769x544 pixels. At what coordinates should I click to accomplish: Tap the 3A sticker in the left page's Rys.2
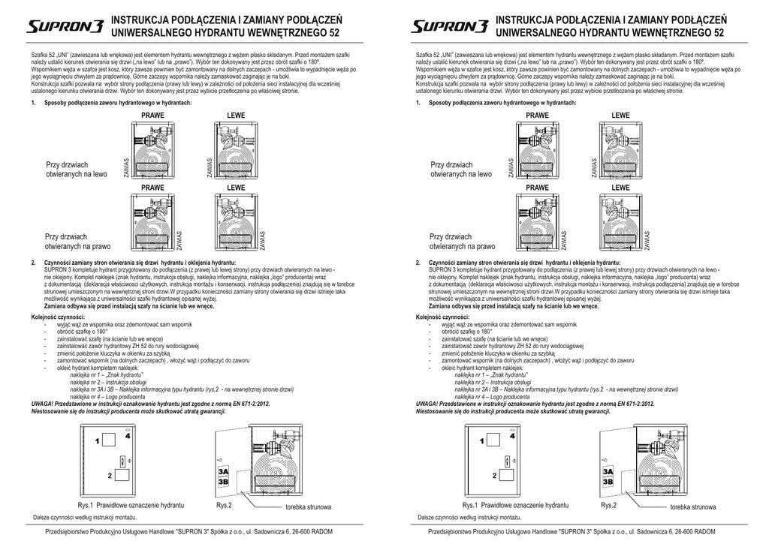click(223, 470)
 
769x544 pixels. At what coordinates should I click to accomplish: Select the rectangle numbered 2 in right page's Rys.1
click(508, 474)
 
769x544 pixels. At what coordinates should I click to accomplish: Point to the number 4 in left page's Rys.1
click(128, 435)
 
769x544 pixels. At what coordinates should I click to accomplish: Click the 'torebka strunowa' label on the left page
click(308, 508)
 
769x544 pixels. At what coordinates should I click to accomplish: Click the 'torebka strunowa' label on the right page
click(693, 508)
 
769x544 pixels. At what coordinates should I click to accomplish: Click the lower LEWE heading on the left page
click(236, 187)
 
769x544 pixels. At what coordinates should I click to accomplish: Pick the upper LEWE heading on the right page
click(620, 116)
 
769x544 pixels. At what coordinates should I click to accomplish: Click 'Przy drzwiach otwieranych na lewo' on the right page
click(461, 169)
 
